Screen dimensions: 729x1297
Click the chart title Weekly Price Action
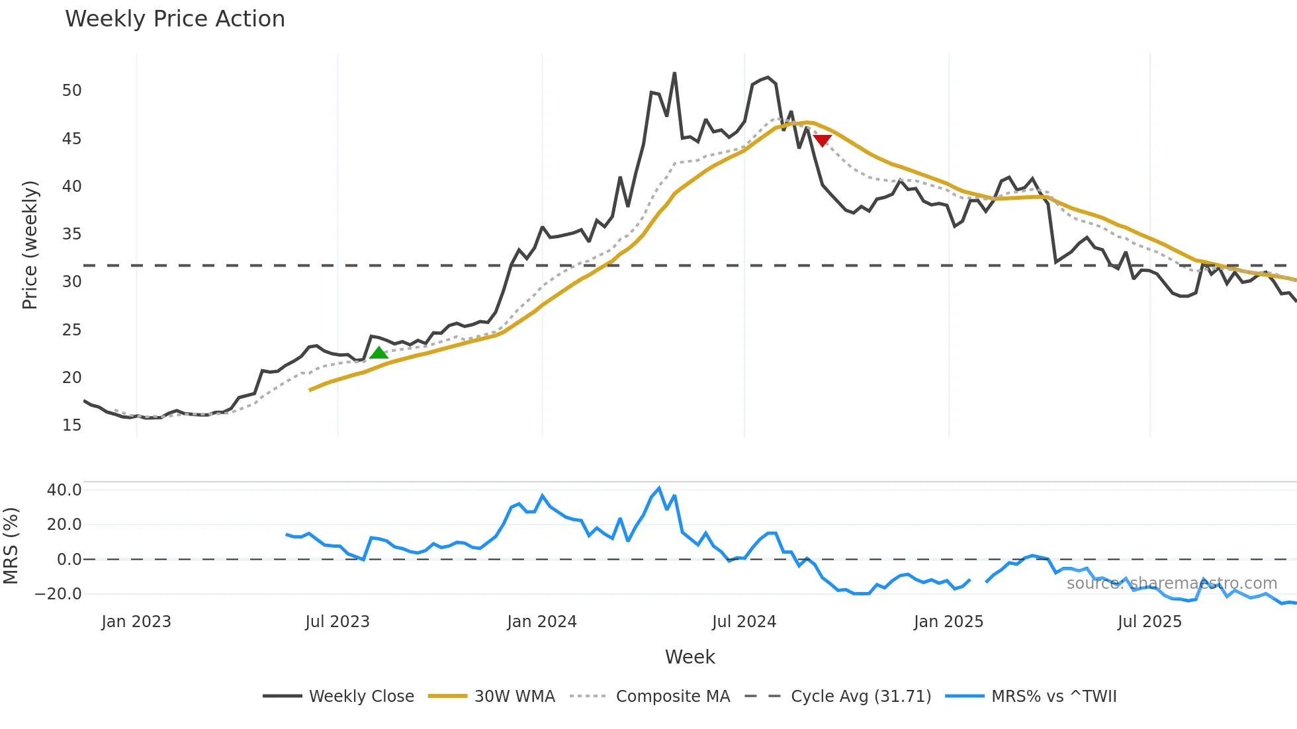click(175, 19)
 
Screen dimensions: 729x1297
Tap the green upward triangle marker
click(379, 353)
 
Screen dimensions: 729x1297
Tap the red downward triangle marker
click(822, 140)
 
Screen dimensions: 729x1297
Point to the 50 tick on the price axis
click(72, 91)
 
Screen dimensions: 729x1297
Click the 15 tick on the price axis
click(72, 425)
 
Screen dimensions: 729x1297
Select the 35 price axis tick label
click(72, 234)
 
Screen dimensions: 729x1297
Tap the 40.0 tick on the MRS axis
click(64, 490)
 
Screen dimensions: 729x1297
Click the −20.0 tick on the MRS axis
click(59, 594)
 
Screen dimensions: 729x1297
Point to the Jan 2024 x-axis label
click(542, 622)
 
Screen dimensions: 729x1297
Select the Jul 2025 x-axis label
click(1149, 622)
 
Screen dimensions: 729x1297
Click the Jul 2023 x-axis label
click(337, 622)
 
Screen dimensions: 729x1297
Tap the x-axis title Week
click(690, 657)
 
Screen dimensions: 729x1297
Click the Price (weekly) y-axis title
click(30, 245)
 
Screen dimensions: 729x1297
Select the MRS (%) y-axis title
click(11, 546)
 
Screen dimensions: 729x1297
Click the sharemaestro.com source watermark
click(1171, 583)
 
